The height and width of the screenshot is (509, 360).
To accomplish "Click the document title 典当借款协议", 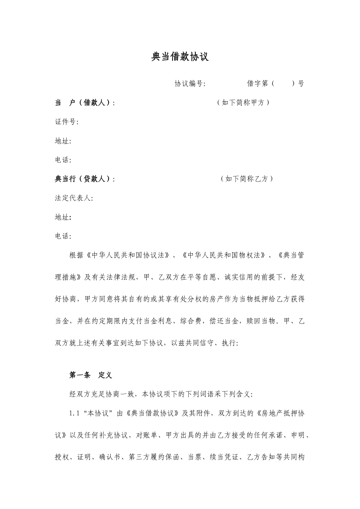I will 180,57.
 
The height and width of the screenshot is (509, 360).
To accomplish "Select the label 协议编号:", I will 190,84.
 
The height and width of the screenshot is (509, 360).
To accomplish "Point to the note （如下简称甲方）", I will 243,103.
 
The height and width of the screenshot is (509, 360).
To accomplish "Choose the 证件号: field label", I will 67,122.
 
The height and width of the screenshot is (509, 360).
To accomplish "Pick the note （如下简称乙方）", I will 247,179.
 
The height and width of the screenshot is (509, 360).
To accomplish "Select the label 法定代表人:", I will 74,198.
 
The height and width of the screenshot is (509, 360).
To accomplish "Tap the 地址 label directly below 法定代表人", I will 63,217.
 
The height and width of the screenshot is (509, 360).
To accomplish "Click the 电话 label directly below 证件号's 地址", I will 63,160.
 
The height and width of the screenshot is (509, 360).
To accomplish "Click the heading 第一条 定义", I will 91,375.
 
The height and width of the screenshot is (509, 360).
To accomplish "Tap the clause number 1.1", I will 74,413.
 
